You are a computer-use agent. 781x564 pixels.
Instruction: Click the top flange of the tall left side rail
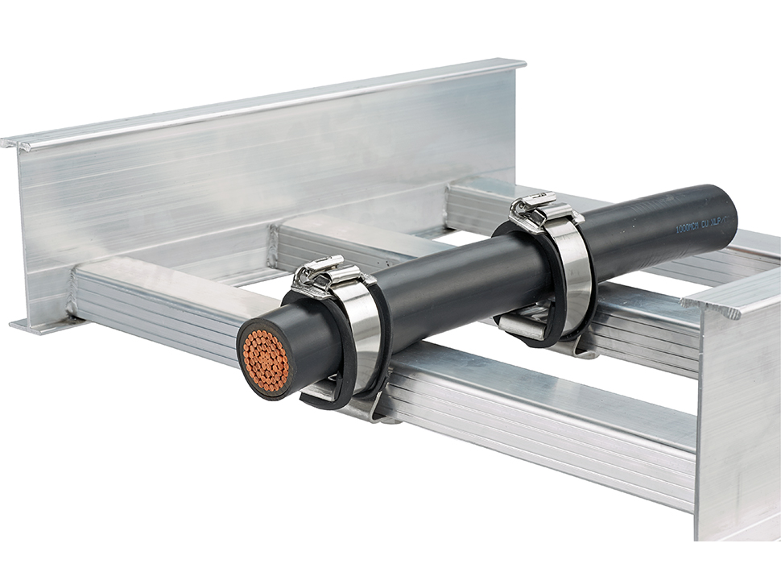[x=266, y=101]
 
